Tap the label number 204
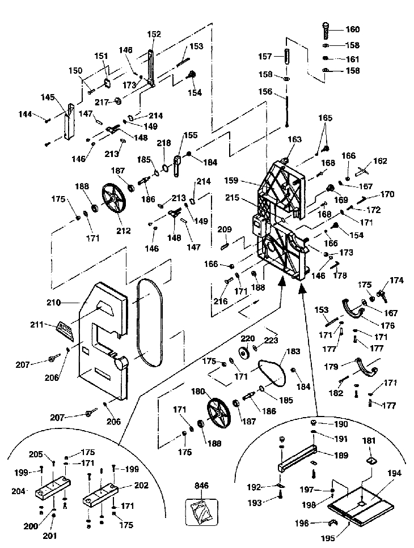pyautogui.click(x=18, y=491)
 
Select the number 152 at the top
pyautogui.click(x=154, y=35)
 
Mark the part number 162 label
pyautogui.click(x=379, y=161)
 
